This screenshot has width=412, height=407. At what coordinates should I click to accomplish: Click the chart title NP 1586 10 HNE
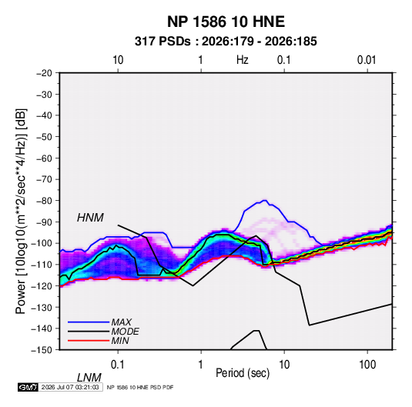(226, 22)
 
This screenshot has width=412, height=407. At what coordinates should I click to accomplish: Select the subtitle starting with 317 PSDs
(226, 42)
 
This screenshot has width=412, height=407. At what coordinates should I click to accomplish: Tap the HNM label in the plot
(90, 218)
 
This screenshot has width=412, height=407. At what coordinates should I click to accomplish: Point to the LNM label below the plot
(89, 378)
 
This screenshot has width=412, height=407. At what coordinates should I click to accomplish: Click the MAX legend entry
(121, 322)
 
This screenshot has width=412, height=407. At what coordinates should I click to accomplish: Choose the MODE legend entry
(125, 332)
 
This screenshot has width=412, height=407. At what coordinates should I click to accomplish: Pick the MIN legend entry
(120, 341)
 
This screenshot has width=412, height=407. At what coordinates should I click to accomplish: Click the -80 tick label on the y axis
(44, 201)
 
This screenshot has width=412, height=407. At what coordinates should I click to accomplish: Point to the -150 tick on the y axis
(42, 350)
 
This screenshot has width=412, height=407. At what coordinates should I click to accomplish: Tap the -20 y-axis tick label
(44, 73)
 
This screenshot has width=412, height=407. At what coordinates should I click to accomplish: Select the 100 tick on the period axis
(367, 365)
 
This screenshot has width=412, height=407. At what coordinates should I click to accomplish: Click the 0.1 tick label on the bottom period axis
(118, 365)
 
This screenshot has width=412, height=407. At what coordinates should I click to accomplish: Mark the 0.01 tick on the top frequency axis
(367, 60)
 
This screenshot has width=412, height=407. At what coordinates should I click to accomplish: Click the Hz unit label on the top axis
(243, 60)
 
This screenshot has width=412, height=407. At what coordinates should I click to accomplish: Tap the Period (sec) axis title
(243, 373)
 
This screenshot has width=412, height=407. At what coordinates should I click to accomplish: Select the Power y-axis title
(21, 212)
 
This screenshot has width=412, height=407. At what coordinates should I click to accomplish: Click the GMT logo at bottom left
(28, 387)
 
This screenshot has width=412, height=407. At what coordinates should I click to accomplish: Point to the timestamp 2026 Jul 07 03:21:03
(70, 387)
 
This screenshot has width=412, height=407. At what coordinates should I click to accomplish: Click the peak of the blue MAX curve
(265, 200)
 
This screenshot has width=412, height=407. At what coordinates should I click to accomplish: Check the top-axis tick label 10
(118, 60)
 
